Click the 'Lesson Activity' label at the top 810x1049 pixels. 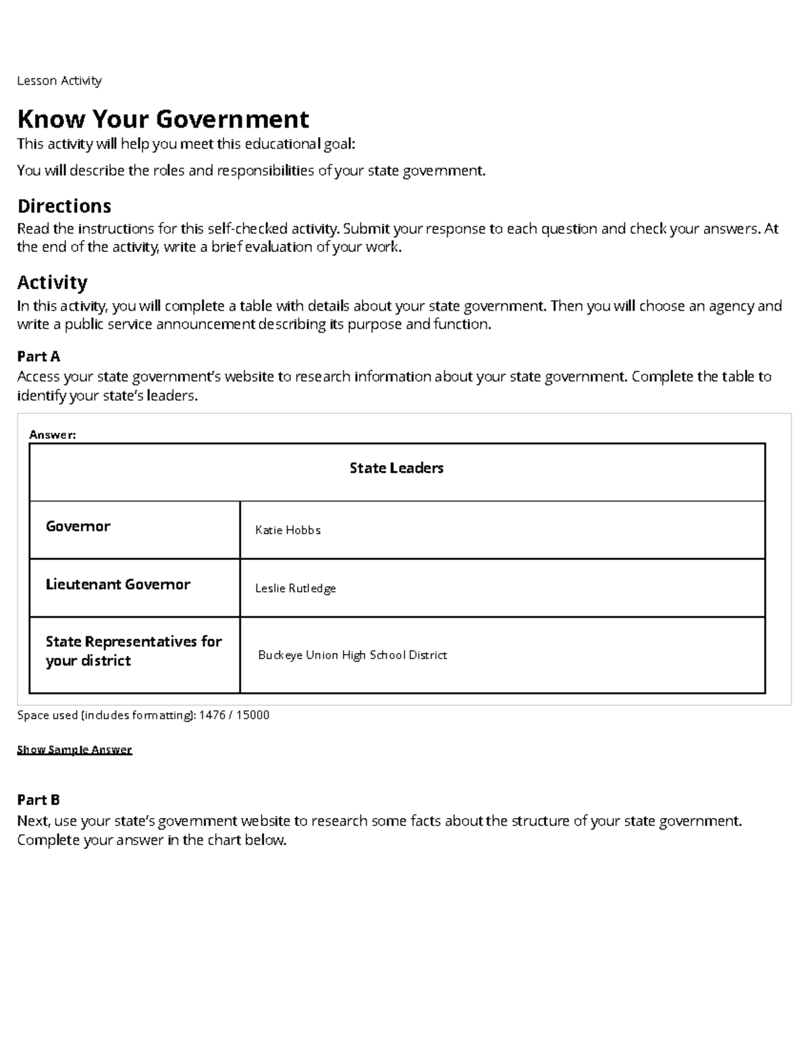tap(59, 81)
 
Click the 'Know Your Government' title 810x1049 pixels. tap(163, 119)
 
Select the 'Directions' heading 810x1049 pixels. tap(64, 205)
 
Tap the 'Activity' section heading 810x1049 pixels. tap(52, 282)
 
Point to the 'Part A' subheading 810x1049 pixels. tap(38, 356)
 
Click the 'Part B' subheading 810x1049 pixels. tap(38, 800)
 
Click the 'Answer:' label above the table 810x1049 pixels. tap(53, 435)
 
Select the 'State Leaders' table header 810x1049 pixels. tap(396, 468)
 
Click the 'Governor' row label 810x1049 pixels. tap(78, 526)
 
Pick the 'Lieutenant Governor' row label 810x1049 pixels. tap(117, 584)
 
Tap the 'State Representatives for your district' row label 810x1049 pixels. tap(133, 651)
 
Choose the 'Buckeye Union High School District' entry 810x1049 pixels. tap(352, 655)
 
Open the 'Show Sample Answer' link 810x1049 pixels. tap(74, 750)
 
